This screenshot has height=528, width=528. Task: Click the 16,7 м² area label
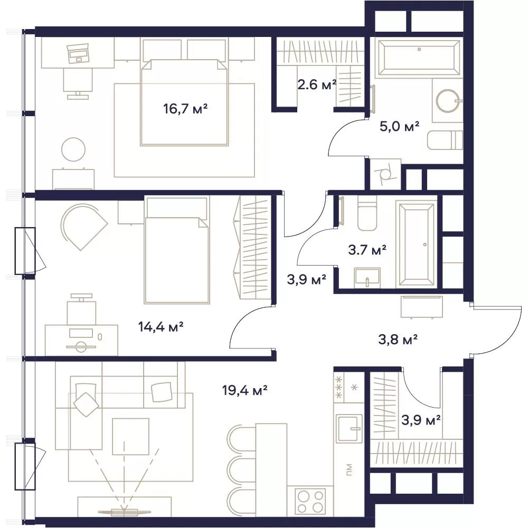tap(185, 109)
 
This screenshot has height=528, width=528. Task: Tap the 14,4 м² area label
tap(161, 326)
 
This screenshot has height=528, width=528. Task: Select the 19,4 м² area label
tap(245, 391)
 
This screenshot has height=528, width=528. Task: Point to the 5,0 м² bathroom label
tap(399, 127)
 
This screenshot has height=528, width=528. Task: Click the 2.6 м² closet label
tap(317, 84)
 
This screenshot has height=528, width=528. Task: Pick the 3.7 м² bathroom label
tap(367, 250)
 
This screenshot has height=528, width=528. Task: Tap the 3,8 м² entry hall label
tap(398, 340)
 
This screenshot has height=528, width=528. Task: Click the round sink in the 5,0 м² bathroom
tap(448, 101)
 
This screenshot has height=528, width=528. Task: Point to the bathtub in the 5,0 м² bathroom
tap(419, 58)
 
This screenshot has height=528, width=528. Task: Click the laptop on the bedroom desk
tap(78, 53)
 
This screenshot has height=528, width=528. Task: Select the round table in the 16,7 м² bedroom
tap(73, 150)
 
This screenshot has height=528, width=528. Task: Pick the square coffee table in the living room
tap(130, 437)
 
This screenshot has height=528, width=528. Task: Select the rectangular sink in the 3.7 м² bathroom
tap(367, 278)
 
